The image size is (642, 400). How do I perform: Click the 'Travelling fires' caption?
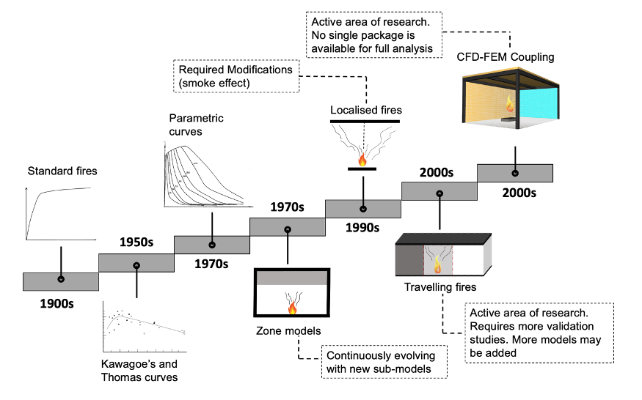click(x=439, y=287)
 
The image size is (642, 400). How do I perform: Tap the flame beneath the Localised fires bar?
click(x=361, y=159)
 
